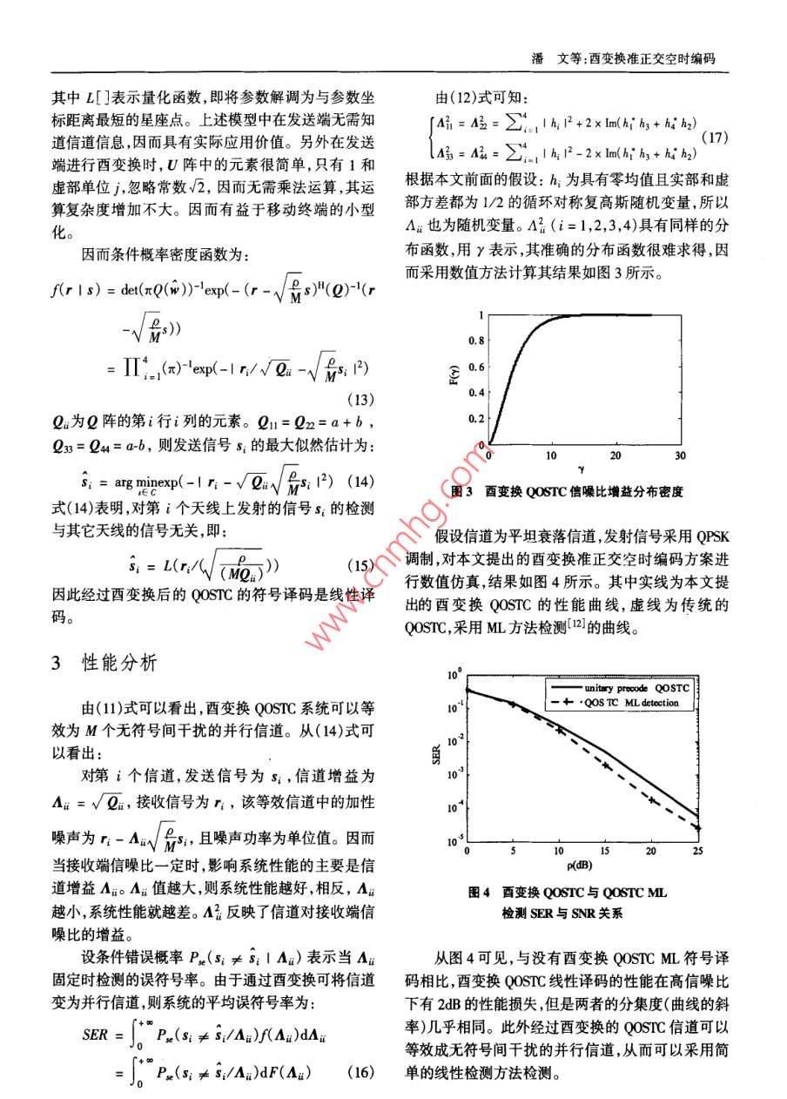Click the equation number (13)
360,401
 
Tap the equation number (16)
360,1073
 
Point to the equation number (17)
714,138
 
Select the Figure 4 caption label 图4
481,892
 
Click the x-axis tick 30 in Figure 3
680,455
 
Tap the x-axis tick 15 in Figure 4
604,850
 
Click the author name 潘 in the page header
537,59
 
